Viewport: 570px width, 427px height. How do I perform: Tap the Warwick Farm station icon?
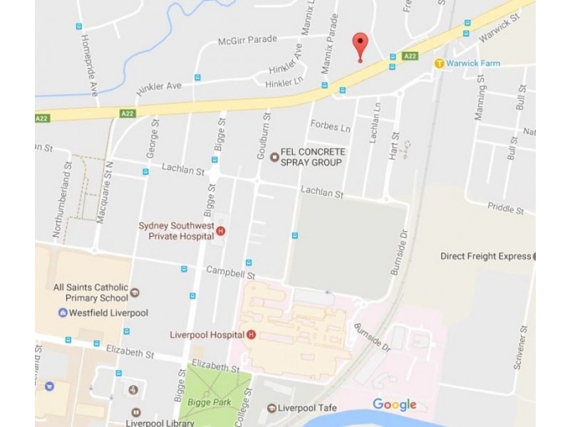point(440,64)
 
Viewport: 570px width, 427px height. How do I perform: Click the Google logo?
point(394,405)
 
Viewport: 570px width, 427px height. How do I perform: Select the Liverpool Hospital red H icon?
point(251,335)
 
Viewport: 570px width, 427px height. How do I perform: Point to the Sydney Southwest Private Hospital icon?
point(221,231)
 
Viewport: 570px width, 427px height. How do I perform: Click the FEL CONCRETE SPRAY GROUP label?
point(312,157)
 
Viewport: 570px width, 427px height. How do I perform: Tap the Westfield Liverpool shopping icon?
point(63,312)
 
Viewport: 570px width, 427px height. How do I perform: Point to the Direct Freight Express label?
point(485,256)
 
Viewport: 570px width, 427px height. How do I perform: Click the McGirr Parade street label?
point(247,40)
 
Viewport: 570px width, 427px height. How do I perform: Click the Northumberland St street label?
point(59,199)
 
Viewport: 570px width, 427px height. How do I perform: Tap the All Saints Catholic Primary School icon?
point(135,292)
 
